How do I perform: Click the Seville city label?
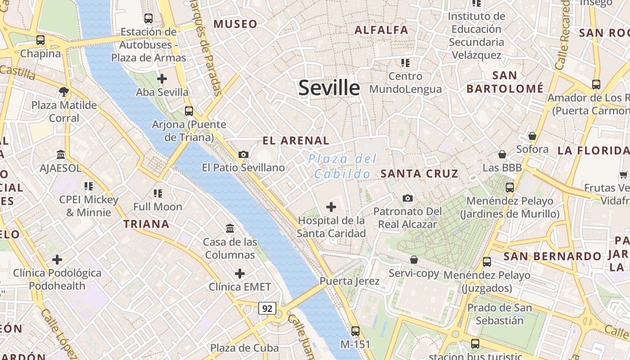(329, 88)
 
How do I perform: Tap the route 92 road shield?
(267, 308)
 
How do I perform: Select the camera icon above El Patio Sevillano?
(243, 155)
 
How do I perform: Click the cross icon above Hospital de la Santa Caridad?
(331, 207)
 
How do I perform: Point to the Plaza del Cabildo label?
(342, 166)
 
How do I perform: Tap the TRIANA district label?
(146, 224)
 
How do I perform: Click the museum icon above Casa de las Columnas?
(230, 229)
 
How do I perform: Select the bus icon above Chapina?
(40, 40)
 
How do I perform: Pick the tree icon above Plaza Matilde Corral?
(64, 92)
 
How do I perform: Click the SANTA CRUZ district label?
(419, 173)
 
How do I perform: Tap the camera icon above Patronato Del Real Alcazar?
(408, 198)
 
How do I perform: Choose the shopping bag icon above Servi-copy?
(414, 260)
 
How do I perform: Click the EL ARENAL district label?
(296, 141)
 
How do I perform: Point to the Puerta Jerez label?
(350, 281)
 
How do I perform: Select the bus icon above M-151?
(355, 331)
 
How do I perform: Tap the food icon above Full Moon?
(158, 193)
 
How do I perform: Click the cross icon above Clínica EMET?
(240, 274)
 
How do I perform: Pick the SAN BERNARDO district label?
(552, 256)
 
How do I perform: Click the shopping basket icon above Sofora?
(532, 136)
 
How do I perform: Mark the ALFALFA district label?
(381, 30)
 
